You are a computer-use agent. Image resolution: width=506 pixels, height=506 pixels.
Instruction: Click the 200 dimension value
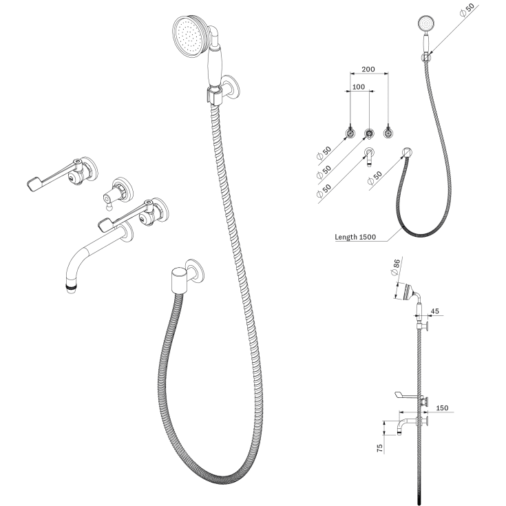368,69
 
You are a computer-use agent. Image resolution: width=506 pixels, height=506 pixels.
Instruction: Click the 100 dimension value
359,87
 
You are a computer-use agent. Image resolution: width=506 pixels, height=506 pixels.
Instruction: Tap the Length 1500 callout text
355,237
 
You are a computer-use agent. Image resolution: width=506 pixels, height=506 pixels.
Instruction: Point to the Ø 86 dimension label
396,267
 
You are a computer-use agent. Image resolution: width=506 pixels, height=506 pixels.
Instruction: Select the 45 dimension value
434,311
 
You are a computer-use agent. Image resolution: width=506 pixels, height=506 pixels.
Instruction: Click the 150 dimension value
442,408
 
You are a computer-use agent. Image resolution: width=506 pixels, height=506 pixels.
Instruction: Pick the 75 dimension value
380,448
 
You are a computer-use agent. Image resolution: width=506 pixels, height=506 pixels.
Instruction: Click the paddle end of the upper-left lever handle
33,182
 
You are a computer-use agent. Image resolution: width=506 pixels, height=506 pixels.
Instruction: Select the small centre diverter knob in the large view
109,198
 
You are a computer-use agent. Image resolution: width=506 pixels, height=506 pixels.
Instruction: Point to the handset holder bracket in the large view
214,95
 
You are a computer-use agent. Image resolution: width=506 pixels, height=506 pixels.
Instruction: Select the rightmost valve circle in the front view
388,133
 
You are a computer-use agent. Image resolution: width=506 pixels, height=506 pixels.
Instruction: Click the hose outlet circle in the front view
408,152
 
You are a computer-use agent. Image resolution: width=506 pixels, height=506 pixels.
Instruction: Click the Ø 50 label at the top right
467,10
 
